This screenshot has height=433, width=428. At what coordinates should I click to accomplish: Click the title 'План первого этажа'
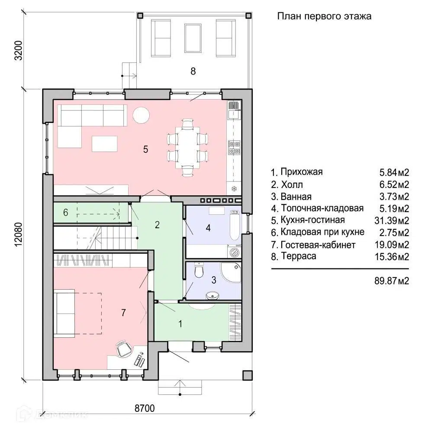(x=324, y=16)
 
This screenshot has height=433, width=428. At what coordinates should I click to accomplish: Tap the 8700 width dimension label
(x=145, y=408)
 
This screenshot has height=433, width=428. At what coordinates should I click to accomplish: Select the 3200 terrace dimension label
(x=18, y=50)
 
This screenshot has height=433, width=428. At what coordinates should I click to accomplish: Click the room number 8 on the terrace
(x=193, y=71)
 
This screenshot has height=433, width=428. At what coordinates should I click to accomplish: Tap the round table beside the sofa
(x=141, y=115)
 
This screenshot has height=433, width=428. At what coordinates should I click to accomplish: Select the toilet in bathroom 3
(x=199, y=270)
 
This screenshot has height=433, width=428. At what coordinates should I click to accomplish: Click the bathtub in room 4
(x=235, y=225)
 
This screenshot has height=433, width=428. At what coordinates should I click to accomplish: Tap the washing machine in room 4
(x=235, y=251)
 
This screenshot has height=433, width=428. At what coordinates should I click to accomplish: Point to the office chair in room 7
(x=124, y=349)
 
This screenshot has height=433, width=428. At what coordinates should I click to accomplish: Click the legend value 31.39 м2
(x=392, y=220)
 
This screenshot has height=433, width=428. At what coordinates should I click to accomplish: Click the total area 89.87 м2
(x=392, y=281)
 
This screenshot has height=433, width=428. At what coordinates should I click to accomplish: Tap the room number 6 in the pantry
(x=66, y=212)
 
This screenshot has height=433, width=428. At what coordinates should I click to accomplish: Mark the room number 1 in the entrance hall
(x=180, y=323)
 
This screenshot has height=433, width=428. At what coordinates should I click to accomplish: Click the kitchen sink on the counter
(x=235, y=114)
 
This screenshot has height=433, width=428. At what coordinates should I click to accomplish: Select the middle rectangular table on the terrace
(x=193, y=38)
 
